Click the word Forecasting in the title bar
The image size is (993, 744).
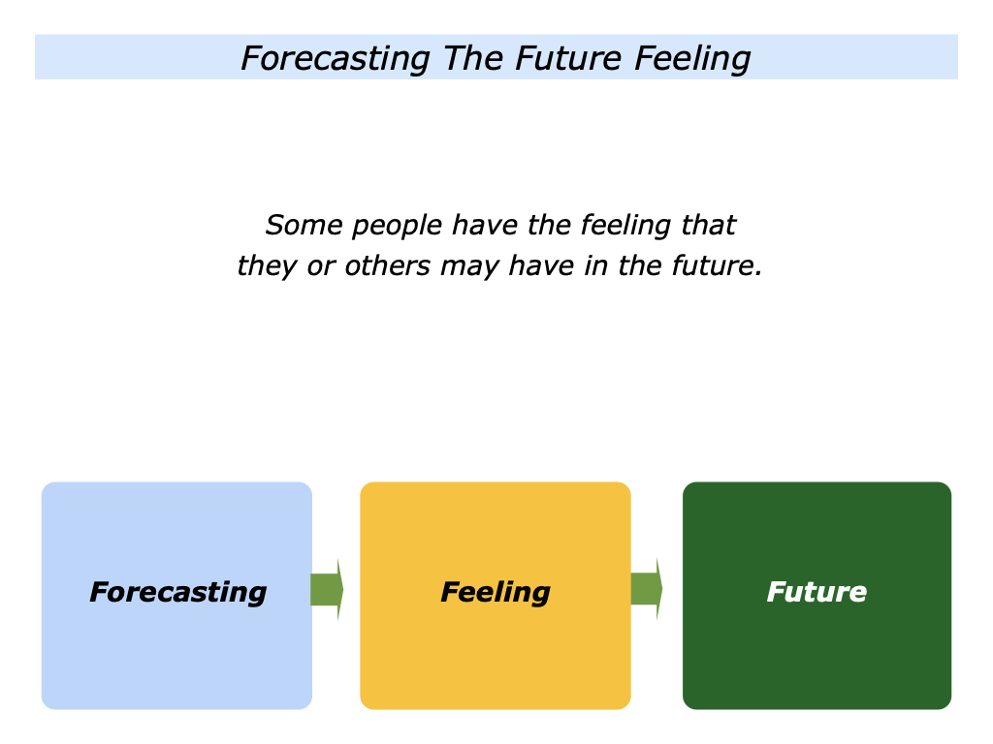(x=335, y=59)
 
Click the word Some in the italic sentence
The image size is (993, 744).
(x=304, y=226)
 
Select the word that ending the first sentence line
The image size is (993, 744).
(x=707, y=226)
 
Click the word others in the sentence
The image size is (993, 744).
(x=387, y=266)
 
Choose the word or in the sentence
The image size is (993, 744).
(x=320, y=267)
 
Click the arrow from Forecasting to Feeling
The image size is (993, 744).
(x=327, y=589)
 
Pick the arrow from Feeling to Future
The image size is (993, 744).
(x=646, y=588)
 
